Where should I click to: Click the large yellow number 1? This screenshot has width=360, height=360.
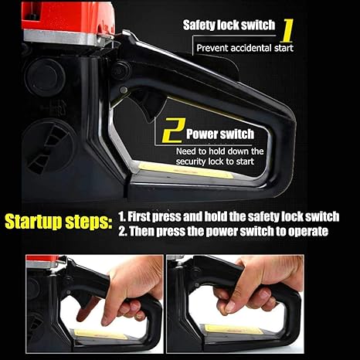pos(287,30)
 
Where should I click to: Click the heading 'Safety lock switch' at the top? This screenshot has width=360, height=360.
pos(229,25)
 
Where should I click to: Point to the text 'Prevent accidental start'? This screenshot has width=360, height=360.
pos(245,48)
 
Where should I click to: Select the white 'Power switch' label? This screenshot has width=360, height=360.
pos(220,134)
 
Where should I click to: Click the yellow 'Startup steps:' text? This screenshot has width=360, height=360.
pos(59,222)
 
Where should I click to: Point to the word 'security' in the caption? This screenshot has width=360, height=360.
pos(191,161)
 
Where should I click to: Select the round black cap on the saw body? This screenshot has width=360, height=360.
pos(44,76)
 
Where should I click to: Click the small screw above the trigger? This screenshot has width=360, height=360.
pos(124,90)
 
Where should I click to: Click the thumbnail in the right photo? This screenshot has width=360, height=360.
pos(230,307)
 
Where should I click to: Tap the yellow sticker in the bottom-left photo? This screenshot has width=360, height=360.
pos(100,335)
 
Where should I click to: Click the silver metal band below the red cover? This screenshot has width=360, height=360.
pos(68,38)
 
